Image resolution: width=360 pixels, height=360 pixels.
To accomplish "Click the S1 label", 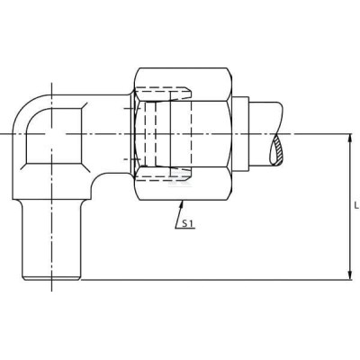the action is click(188, 223).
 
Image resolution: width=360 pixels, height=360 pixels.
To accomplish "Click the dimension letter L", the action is click(356, 206).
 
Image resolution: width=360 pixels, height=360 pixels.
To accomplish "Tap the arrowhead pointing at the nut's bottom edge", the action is click(181, 204).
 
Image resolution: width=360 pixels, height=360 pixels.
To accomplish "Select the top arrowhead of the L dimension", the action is click(350, 138).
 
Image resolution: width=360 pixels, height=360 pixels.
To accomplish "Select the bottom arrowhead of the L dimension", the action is click(350, 275).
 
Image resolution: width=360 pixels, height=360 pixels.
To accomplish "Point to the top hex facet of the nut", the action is click(184, 85).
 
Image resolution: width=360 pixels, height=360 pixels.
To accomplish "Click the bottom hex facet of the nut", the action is click(184, 184).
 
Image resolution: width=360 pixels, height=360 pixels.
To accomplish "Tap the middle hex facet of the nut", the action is click(184, 134).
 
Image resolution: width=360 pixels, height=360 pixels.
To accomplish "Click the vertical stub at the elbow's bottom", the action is click(52, 240).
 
